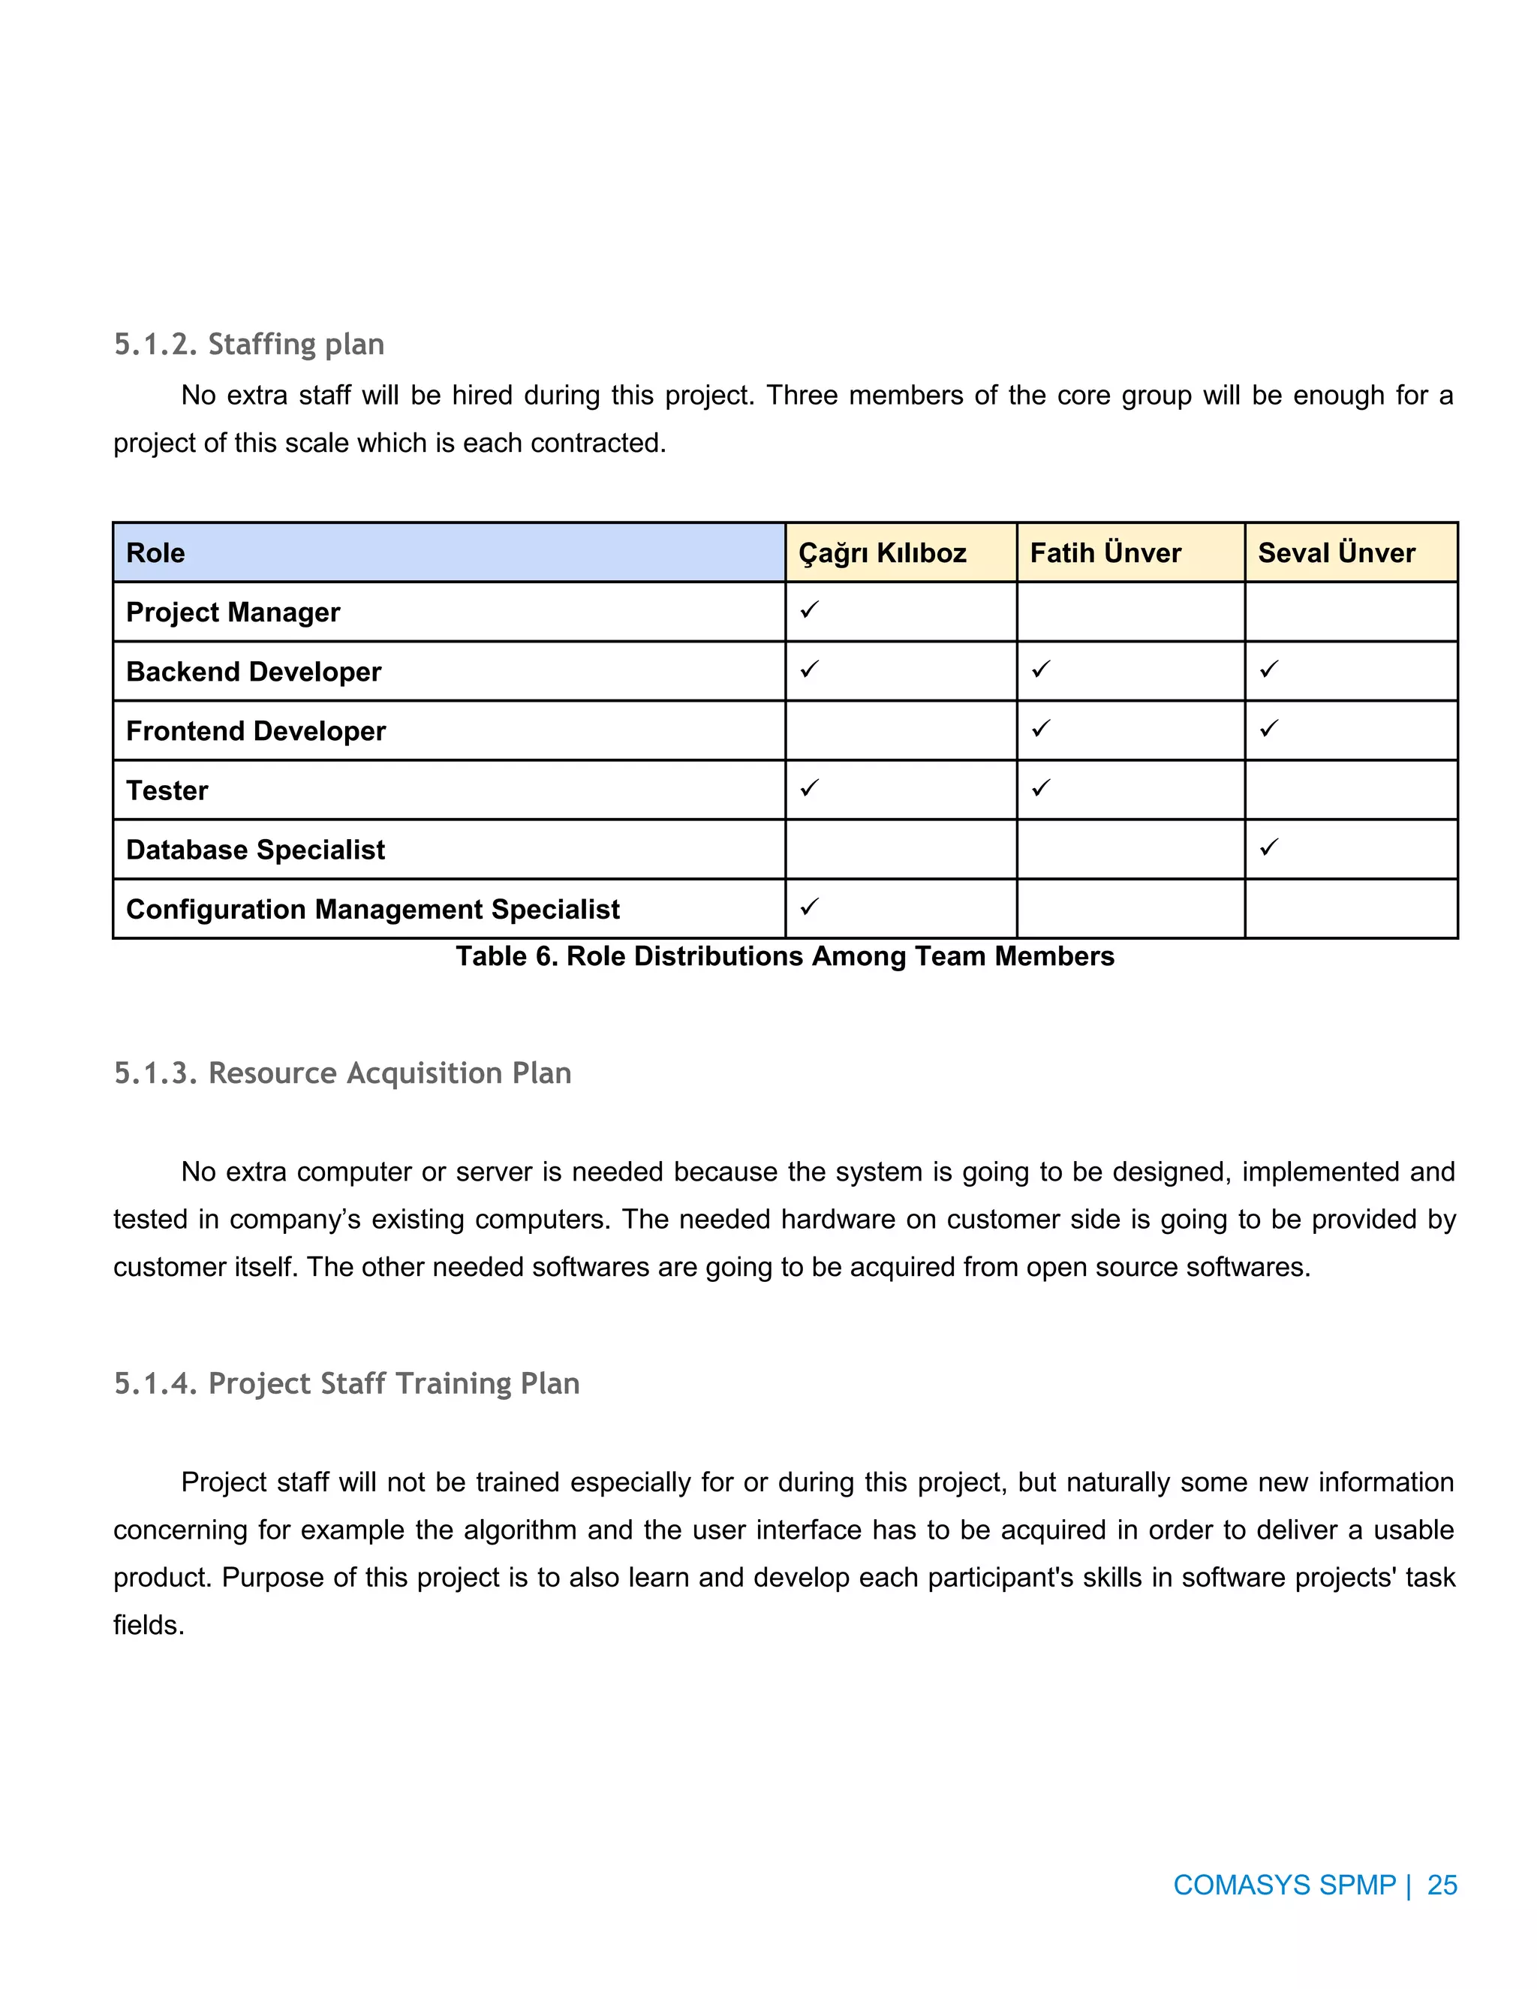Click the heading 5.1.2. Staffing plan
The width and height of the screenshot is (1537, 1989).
(248, 345)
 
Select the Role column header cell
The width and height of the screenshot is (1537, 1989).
(448, 553)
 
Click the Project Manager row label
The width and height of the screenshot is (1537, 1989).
(233, 612)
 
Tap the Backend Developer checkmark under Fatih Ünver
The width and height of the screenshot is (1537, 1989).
(1041, 670)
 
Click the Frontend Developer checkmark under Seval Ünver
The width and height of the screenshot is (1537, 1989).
(1268, 729)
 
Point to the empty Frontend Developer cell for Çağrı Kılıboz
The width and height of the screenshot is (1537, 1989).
(900, 730)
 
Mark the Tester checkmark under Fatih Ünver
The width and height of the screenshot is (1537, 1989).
(1041, 788)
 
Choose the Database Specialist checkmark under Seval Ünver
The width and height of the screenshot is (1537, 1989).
(1268, 847)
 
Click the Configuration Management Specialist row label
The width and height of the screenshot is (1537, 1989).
(372, 909)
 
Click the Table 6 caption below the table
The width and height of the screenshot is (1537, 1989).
(784, 956)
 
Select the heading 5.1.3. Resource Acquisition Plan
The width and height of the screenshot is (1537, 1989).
(342, 1073)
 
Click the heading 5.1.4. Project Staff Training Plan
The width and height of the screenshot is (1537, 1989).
(346, 1383)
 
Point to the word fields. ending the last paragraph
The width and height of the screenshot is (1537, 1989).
(149, 1625)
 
